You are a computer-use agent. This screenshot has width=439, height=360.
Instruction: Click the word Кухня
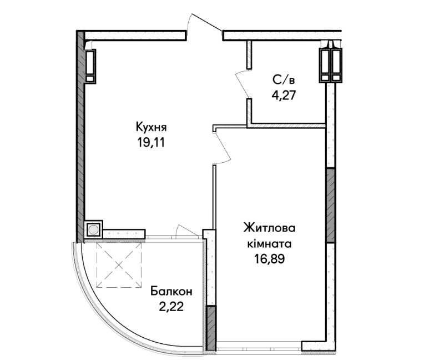[x=151, y=127]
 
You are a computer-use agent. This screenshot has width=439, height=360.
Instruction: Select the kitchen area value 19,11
[x=150, y=143]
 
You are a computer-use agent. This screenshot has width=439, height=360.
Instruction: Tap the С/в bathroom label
[x=284, y=81]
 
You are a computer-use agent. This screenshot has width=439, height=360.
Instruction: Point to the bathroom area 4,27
[x=284, y=96]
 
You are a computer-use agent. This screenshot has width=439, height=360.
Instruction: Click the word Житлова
[x=269, y=228]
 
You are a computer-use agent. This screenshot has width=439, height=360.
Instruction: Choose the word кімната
[x=269, y=243]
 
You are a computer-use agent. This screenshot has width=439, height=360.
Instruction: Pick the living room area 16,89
[x=269, y=259]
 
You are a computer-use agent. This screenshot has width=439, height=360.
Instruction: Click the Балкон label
[x=171, y=292]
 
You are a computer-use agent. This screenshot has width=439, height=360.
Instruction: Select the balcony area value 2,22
[x=171, y=307]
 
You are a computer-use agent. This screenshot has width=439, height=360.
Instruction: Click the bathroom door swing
[x=242, y=84]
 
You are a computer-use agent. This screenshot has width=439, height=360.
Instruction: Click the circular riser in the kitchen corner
[x=93, y=230]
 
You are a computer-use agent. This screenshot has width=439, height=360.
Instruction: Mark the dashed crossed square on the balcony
[x=119, y=265]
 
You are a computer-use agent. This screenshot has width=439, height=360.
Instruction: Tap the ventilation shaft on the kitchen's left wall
[x=90, y=66]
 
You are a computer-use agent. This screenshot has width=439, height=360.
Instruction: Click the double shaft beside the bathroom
[x=331, y=65]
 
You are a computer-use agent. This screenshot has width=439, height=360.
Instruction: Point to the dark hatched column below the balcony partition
[x=211, y=328]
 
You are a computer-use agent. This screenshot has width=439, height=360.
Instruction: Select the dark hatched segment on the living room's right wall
[x=331, y=205]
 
